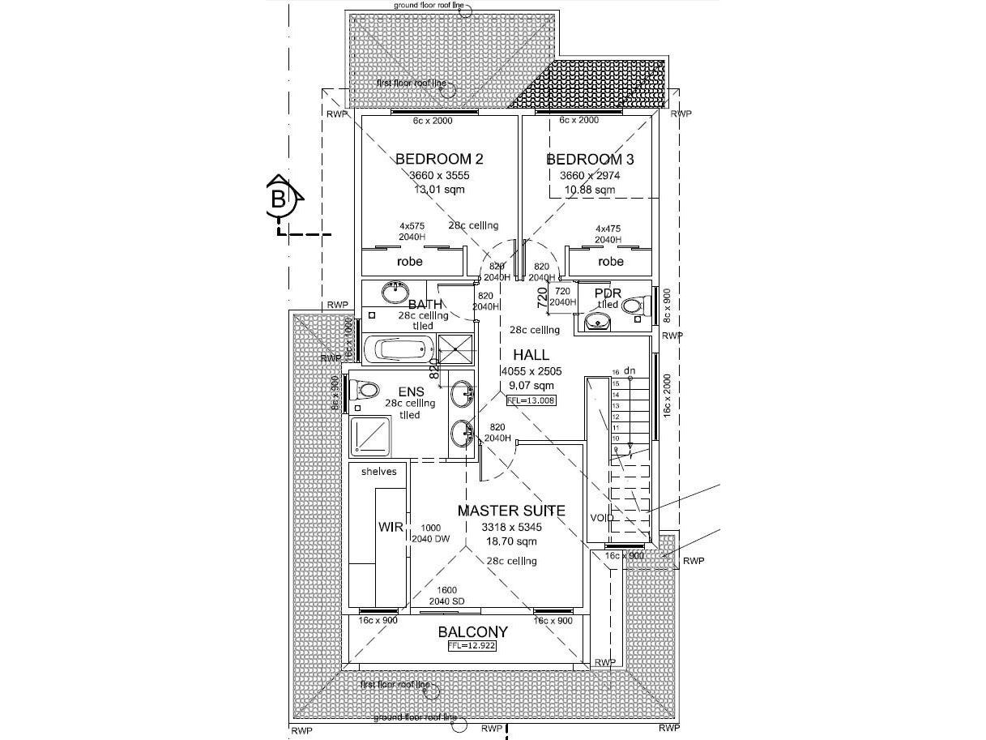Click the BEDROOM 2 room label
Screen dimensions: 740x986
(439, 159)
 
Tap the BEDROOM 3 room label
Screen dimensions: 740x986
(590, 159)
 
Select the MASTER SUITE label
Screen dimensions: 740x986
(511, 511)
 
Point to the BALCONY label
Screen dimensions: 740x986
(473, 632)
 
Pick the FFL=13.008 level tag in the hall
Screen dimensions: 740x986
(531, 400)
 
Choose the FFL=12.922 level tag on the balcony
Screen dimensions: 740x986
(472, 647)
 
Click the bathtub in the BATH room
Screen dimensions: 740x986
(394, 351)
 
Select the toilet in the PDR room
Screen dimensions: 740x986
(634, 306)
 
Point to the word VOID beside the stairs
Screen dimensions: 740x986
(602, 518)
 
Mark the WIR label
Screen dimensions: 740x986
(391, 527)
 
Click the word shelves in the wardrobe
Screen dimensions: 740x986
(378, 472)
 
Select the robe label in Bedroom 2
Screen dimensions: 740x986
(410, 262)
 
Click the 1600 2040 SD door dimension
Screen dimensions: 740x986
(446, 596)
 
